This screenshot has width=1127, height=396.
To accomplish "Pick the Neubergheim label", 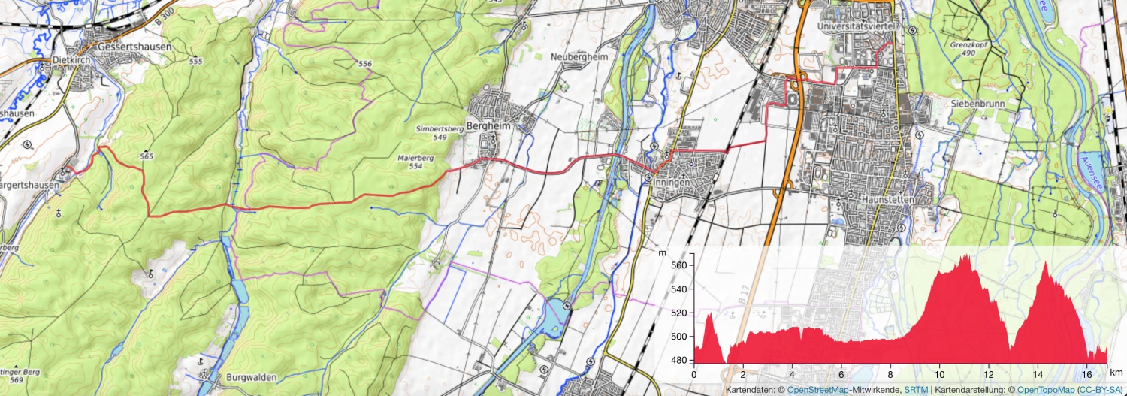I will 578,57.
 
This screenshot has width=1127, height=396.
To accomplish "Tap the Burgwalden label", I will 251,377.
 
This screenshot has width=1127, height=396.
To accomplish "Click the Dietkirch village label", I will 71,60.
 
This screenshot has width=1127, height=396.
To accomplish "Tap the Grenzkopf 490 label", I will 962,48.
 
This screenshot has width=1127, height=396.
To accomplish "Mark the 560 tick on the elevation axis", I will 680,266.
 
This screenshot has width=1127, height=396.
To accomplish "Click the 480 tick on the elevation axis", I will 680,361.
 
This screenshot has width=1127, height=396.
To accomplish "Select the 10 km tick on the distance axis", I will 940,374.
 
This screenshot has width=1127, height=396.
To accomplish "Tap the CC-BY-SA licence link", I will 1098,390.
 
